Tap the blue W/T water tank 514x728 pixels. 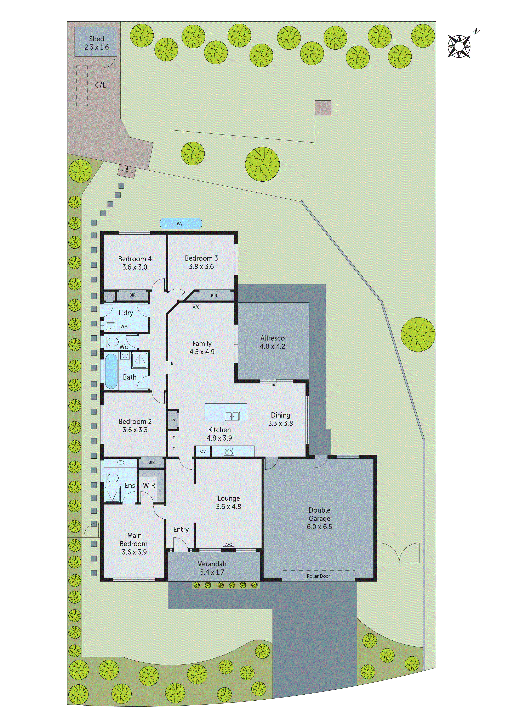coord(181,224)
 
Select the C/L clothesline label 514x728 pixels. coord(100,85)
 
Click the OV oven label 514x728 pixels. coord(203,451)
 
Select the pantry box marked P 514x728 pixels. coord(173,421)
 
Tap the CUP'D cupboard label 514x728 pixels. coord(109,296)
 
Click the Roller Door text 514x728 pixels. coord(318,576)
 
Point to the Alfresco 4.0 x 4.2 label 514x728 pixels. coord(272,342)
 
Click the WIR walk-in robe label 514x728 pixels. coord(149,485)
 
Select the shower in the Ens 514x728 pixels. coord(112,494)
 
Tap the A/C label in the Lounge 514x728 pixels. coord(228,544)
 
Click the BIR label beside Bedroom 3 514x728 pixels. coord(214,296)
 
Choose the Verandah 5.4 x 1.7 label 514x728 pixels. coord(212,568)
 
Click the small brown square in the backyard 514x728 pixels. coord(323,108)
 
